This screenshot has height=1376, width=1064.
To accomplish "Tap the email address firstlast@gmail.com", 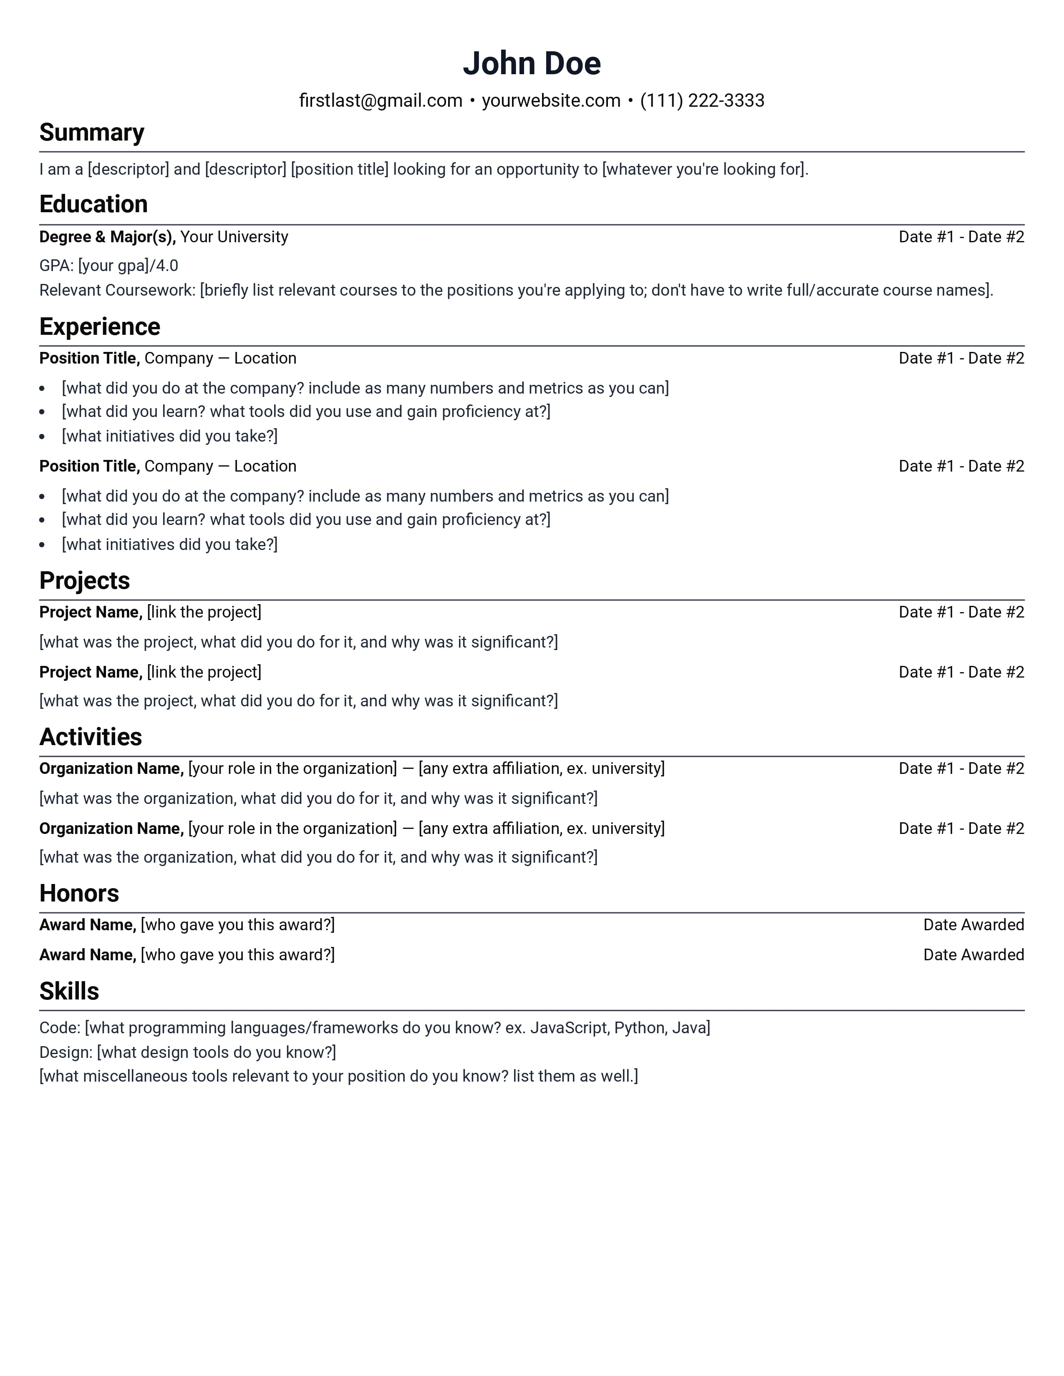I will coord(380,101).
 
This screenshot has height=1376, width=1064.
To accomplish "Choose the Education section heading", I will coord(93,205).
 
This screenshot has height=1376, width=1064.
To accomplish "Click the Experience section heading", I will coord(100,327).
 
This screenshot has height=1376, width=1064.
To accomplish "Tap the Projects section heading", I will coord(84,581).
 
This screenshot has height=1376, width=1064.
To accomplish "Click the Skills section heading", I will coord(69,992).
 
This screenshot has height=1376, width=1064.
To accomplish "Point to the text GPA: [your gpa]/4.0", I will coord(108,266).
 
